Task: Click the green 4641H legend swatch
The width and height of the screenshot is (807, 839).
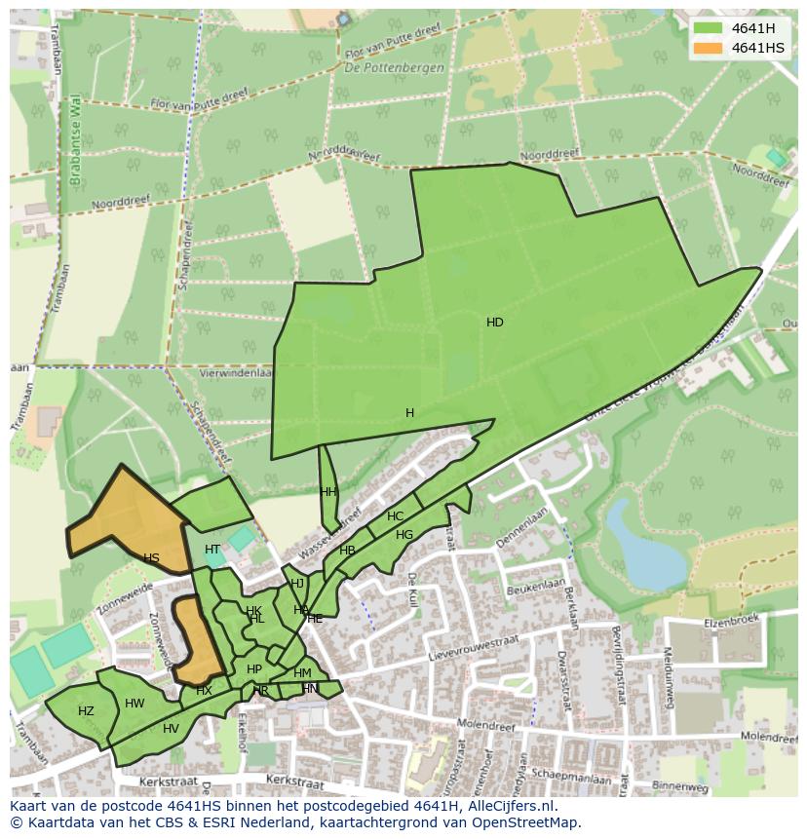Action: [x=708, y=28]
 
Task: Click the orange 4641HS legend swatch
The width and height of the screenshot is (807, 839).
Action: [x=708, y=48]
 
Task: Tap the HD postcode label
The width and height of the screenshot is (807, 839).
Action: [x=495, y=323]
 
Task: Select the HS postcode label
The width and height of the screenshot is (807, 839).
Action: [x=151, y=558]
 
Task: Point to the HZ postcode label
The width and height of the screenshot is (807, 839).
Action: [x=86, y=711]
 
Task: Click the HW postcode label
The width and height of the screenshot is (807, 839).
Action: [x=134, y=704]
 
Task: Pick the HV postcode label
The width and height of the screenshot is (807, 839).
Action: [x=171, y=729]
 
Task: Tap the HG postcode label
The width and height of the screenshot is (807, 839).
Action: [x=404, y=535]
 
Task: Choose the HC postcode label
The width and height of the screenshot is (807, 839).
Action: [x=395, y=516]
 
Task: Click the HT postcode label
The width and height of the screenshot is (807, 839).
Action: [x=212, y=550]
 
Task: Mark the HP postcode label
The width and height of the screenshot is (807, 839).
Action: [x=254, y=669]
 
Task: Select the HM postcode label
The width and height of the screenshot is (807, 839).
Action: [x=302, y=673]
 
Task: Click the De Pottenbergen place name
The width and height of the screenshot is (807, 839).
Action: [x=394, y=68]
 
